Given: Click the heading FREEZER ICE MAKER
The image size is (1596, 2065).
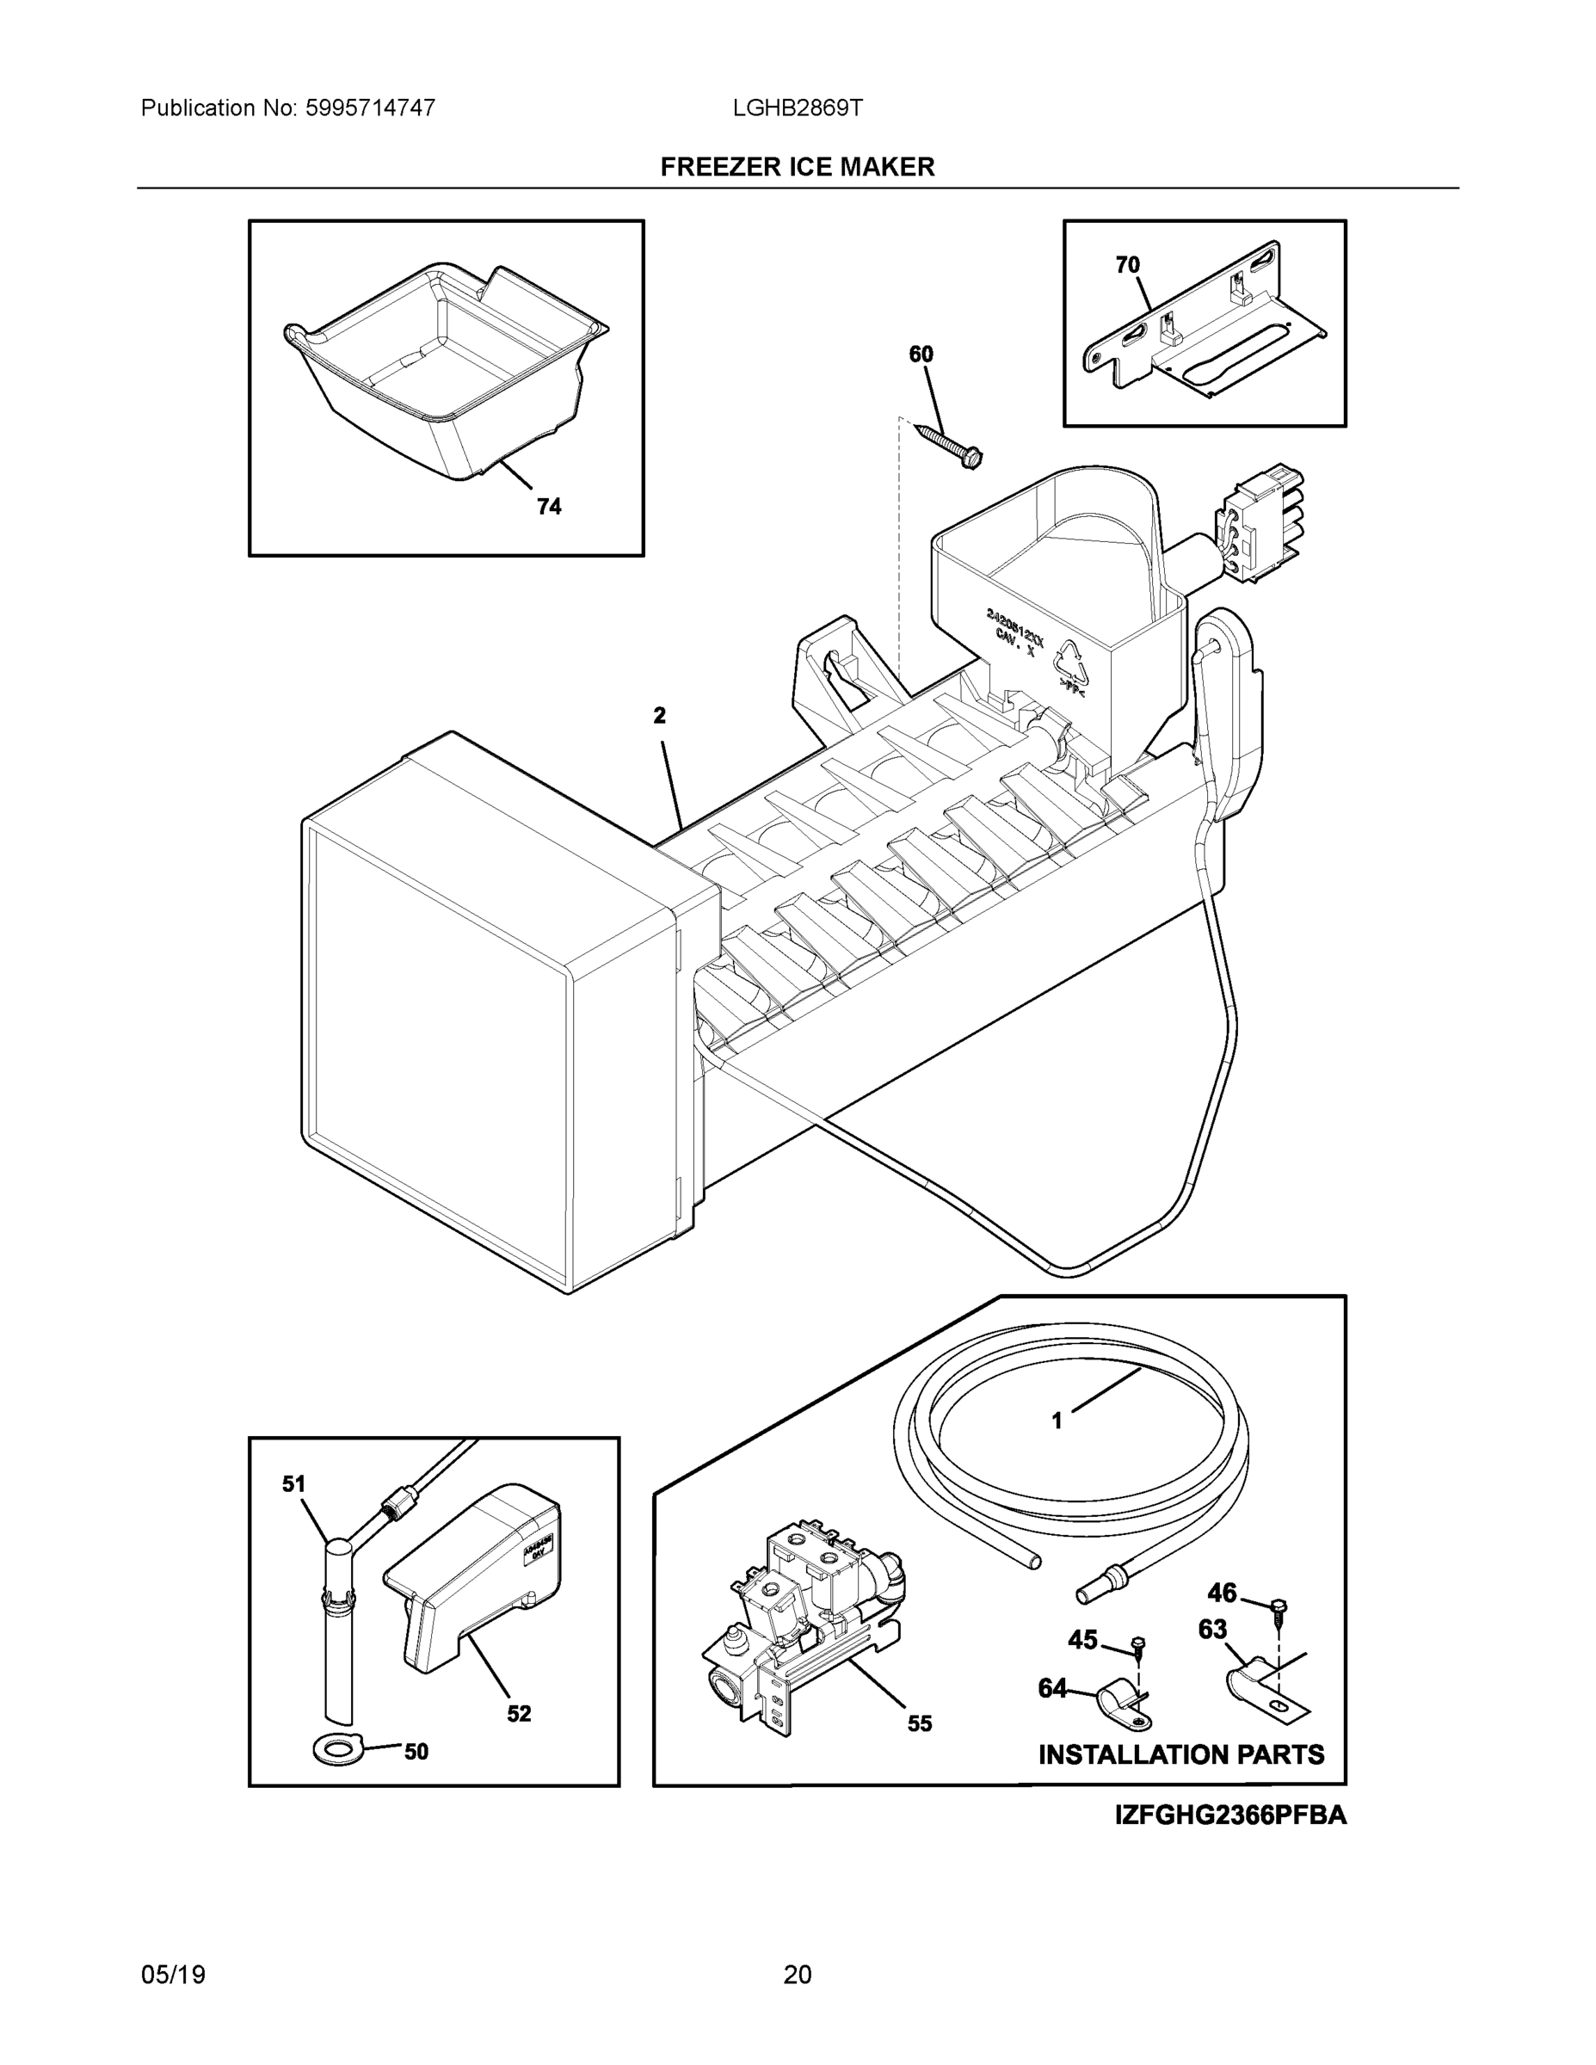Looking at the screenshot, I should (x=797, y=168).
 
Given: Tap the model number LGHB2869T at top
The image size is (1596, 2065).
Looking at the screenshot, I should (x=797, y=108).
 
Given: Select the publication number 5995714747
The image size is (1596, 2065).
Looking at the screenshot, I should (x=370, y=108).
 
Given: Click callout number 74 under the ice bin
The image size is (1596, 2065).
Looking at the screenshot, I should (x=548, y=507).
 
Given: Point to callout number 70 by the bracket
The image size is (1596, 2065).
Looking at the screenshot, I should (x=1127, y=266).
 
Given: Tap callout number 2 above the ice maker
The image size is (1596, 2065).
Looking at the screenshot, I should (x=659, y=716).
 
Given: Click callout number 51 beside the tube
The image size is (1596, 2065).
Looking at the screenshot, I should (x=294, y=1484).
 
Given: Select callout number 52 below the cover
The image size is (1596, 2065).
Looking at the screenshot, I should (x=518, y=1713).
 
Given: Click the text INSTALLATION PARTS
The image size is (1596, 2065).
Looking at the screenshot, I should (x=1181, y=1755).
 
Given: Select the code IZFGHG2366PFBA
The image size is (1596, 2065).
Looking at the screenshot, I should (x=1230, y=1815).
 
